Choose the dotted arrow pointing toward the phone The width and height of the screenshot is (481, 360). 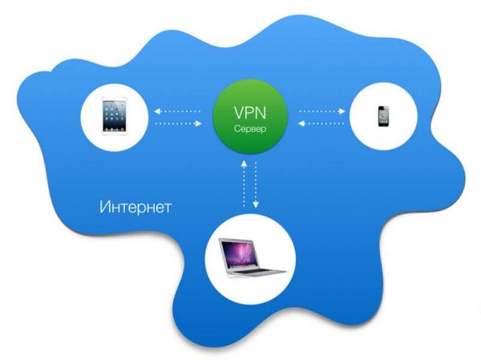tap(320, 111)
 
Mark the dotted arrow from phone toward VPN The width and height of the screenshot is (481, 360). tap(320, 123)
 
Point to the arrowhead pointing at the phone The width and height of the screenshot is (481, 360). tap(341, 111)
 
